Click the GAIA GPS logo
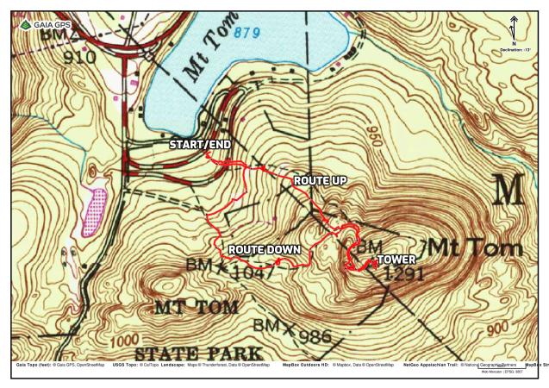pyautogui.click(x=42, y=25)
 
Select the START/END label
pyautogui.click(x=199, y=144)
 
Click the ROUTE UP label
pyautogui.click(x=320, y=181)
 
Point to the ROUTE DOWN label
pyautogui.click(x=264, y=250)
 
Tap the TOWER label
pyautogui.click(x=396, y=259)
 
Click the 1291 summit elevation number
pyautogui.click(x=404, y=274)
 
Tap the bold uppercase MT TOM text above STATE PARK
pyautogui.click(x=196, y=307)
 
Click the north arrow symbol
pyautogui.click(x=514, y=26)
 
